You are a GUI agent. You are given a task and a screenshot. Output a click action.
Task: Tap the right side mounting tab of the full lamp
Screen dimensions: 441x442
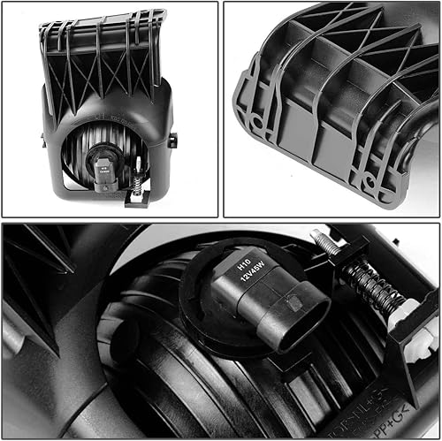click(173, 140)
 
